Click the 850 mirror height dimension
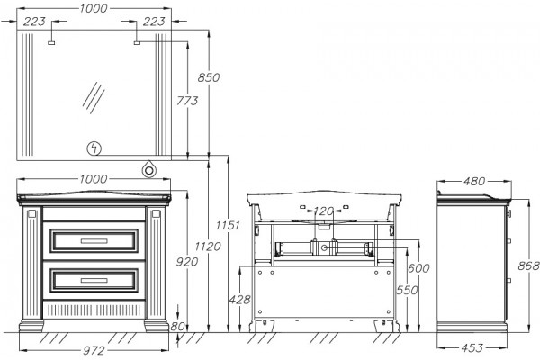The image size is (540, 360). click(209, 77)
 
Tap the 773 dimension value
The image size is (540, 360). click(187, 101)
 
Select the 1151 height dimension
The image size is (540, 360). click(228, 225)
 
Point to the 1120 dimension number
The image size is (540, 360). click(208, 247)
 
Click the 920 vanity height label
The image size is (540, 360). click(187, 262)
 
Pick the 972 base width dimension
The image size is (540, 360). click(94, 351)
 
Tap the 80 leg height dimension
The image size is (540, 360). click(177, 326)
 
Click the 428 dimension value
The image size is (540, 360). click(239, 300)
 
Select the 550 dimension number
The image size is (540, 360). click(407, 290)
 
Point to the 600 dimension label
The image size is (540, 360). click(418, 267)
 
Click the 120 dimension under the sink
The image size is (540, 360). click(324, 211)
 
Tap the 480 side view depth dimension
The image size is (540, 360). click(474, 181)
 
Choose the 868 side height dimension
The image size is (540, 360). click(528, 265)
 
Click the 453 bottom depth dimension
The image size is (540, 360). click(472, 348)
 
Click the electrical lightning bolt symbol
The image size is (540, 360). click(94, 148)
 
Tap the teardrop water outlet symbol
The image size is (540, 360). click(149, 169)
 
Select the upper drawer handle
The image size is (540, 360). click(94, 241)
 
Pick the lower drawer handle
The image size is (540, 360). click(94, 281)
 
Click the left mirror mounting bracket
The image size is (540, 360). click(51, 43)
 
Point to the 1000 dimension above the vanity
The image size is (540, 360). click(94, 179)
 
